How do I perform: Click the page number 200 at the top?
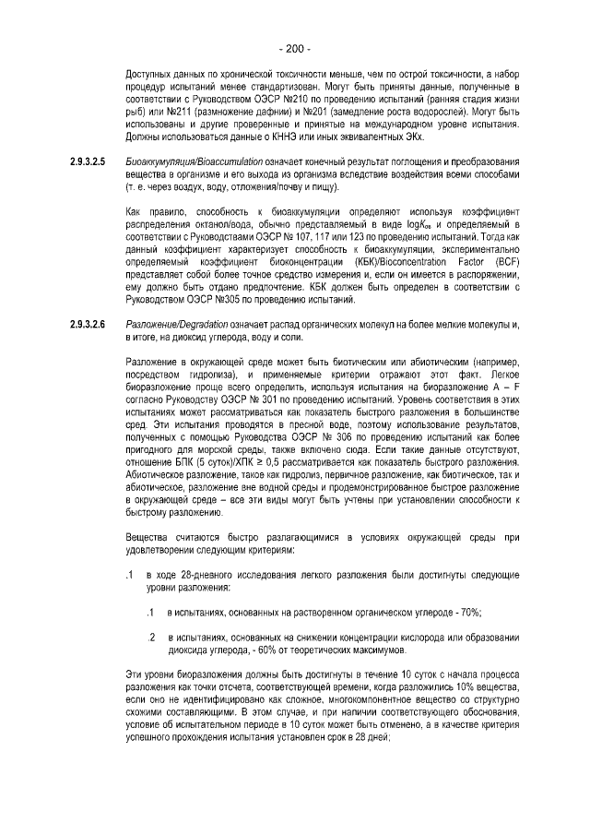coord(295,49)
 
